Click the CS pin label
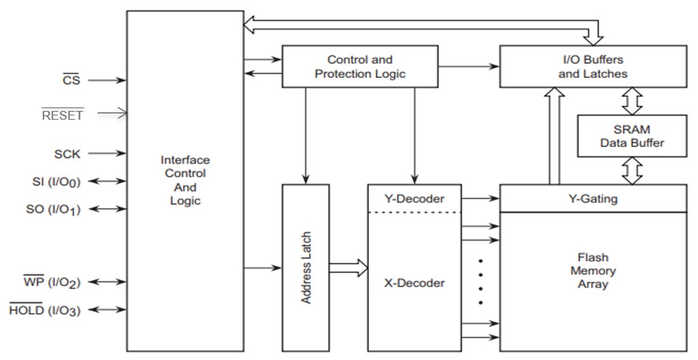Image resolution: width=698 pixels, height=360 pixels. [x=71, y=81]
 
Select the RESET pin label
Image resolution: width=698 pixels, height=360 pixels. [x=62, y=115]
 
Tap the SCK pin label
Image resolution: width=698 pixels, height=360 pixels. [x=67, y=154]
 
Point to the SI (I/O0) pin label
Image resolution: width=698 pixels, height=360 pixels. [x=55, y=182]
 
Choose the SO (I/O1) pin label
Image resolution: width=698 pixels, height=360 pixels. [x=54, y=209]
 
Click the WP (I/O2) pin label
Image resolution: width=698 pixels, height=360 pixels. [x=51, y=282]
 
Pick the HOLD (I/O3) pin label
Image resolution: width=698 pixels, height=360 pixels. [x=44, y=310]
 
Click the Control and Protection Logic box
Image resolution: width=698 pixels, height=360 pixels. [x=360, y=67]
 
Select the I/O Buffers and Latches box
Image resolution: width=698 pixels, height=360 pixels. [x=593, y=67]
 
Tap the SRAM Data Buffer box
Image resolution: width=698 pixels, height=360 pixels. [x=631, y=136]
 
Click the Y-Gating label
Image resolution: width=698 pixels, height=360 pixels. [x=593, y=199]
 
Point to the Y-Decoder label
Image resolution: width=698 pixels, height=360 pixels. [x=414, y=199]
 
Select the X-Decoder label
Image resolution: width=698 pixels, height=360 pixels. [x=414, y=283]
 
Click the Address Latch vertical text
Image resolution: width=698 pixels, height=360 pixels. [x=306, y=267]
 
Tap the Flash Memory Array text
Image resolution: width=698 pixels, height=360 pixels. [x=593, y=271]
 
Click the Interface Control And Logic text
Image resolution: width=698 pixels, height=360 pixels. [x=185, y=180]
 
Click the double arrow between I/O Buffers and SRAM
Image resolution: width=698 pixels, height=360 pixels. [x=632, y=101]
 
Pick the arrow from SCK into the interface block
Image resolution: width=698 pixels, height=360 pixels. [x=107, y=154]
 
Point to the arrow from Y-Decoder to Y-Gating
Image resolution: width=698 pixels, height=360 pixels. [x=480, y=199]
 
